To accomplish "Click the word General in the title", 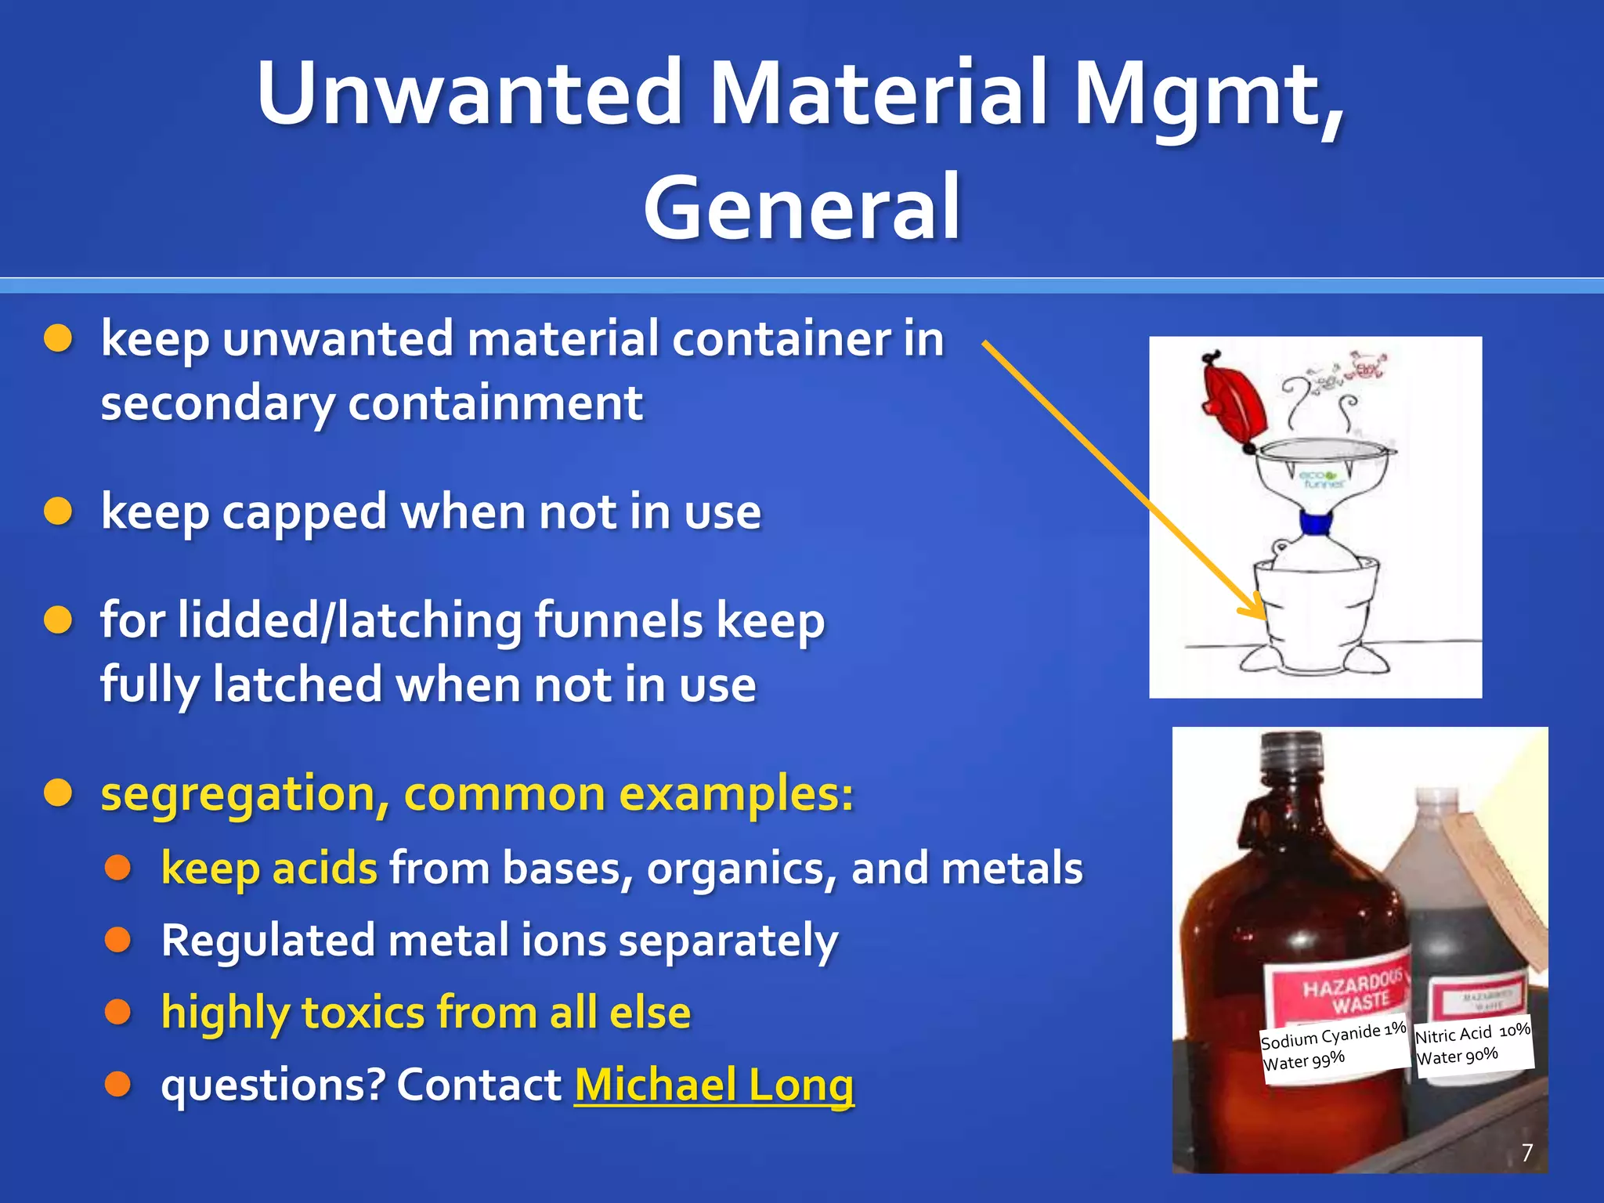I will click(802, 208).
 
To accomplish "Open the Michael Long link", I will click(713, 1085).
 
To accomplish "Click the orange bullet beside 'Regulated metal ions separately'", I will click(117, 940).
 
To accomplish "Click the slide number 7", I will click(1526, 1152).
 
